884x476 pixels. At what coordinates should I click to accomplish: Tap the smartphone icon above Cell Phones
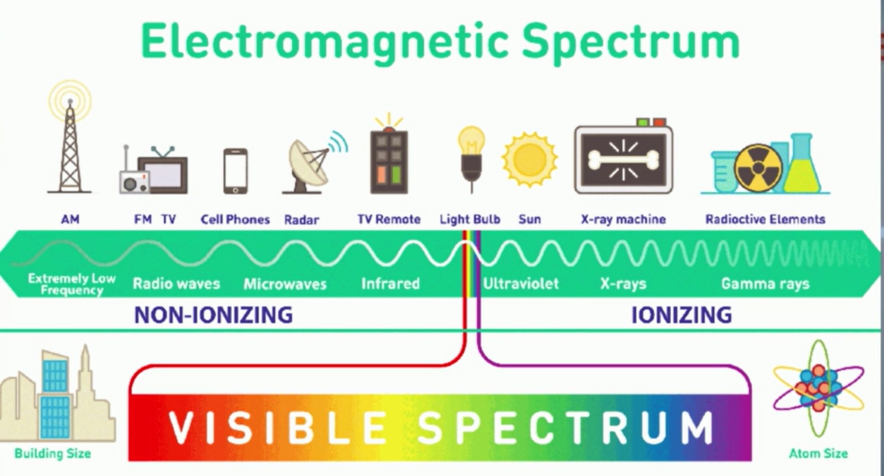click(235, 171)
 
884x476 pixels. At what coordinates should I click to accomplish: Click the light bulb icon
click(471, 158)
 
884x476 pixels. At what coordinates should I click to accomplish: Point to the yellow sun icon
click(529, 160)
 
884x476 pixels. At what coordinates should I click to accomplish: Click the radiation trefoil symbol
click(758, 168)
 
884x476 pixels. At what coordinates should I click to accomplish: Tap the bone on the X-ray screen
click(623, 159)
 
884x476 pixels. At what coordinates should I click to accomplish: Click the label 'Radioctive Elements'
click(765, 219)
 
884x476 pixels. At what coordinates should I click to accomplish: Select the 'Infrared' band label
click(390, 284)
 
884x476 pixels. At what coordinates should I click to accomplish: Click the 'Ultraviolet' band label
click(520, 284)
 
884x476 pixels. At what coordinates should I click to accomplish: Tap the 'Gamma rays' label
click(765, 284)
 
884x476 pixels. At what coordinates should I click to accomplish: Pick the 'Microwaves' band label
click(285, 284)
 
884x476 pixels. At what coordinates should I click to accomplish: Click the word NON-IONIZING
click(213, 315)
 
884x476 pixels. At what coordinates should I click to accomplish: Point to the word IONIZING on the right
click(682, 315)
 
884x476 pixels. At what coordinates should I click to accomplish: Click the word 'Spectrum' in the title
click(630, 42)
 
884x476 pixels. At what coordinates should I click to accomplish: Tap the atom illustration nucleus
click(818, 388)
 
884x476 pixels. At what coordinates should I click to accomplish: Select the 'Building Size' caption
click(53, 453)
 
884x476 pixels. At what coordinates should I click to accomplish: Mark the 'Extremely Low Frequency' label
click(72, 284)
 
